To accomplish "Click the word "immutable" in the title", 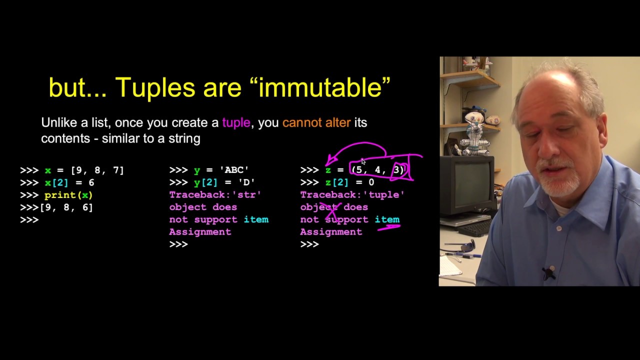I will coord(319,88).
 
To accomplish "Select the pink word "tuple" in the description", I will coord(236,123).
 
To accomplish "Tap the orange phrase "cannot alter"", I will coord(316,123).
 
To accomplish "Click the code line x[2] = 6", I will coord(69,182).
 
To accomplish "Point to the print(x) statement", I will coord(68,195).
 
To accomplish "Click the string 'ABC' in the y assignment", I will coord(234,170).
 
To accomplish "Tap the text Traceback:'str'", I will coord(215,195).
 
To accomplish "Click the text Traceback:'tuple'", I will coord(352,195).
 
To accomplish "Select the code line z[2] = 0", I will coord(349,182).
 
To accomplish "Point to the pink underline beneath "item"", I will coord(388,227).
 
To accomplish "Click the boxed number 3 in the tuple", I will coord(398,170).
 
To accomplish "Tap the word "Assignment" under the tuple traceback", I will coord(331,232).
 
